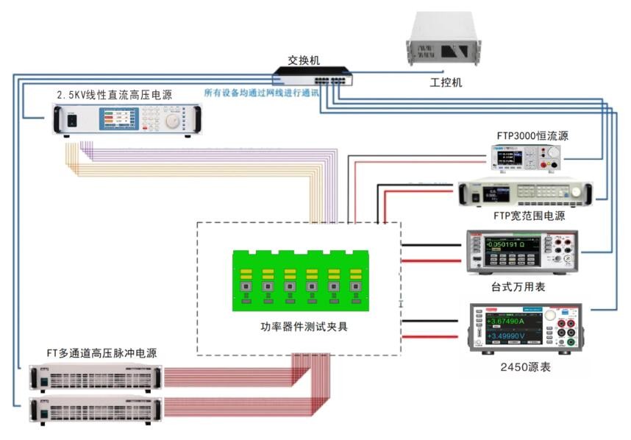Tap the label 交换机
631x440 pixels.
tap(304, 60)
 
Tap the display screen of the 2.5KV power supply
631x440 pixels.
tap(117, 120)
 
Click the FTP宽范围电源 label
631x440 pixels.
tap(530, 216)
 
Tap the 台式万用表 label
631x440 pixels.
tap(518, 288)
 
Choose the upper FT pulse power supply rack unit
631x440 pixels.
tap(93, 377)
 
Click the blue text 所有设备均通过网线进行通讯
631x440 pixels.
tap(262, 93)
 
